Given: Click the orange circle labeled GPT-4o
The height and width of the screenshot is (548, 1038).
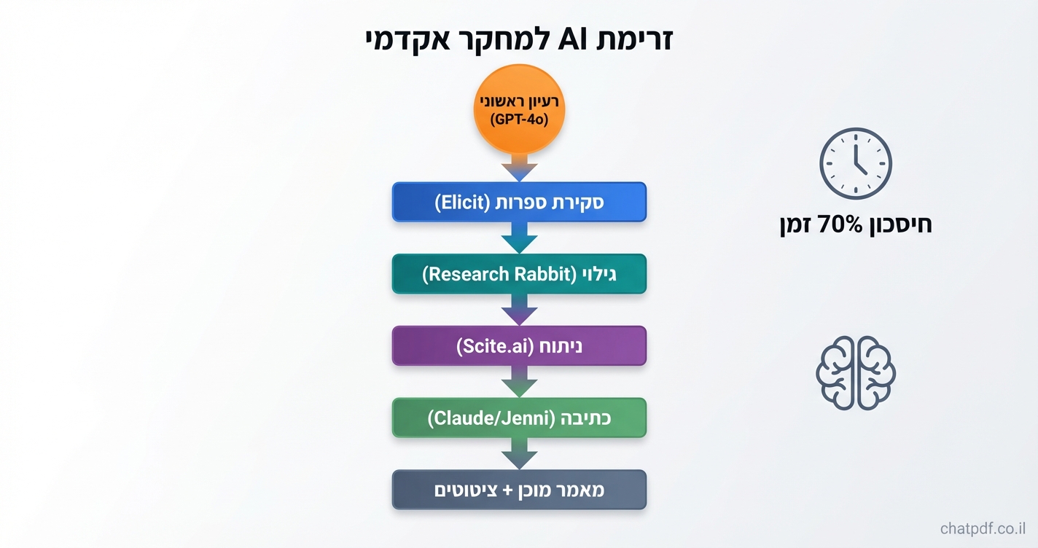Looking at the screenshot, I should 519,109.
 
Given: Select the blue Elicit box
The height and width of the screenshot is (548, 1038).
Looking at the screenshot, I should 519,202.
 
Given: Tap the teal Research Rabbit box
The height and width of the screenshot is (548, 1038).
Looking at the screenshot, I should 519,274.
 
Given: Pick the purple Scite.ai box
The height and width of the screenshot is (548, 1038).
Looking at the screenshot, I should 519,346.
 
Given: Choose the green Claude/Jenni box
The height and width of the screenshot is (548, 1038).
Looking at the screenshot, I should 519,418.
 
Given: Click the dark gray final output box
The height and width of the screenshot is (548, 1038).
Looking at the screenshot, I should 519,490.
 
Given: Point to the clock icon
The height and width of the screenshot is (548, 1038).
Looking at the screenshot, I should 855,164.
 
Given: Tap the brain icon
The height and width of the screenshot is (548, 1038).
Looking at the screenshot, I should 855,372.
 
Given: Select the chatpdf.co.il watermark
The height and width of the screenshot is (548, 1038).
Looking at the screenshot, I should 984,528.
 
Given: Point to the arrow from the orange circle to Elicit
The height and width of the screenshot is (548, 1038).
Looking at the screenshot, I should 519,168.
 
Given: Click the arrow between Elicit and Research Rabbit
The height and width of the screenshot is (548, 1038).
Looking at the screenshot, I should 519,238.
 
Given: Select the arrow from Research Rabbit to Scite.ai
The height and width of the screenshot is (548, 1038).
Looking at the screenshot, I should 519,310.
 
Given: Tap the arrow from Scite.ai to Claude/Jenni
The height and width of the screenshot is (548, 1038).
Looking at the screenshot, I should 519,382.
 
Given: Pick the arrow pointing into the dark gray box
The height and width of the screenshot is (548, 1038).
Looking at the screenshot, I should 519,454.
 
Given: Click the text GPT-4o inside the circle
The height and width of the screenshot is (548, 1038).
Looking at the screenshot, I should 519,119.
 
